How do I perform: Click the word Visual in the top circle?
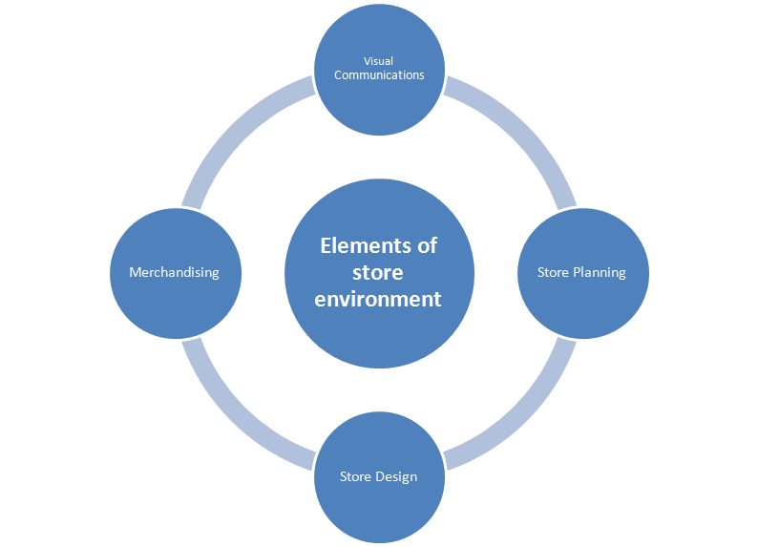(x=379, y=61)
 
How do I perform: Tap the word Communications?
(x=379, y=74)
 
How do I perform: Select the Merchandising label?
(x=174, y=273)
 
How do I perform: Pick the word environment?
(x=379, y=299)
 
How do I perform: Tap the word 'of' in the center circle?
(x=426, y=245)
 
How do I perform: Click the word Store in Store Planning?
(x=553, y=273)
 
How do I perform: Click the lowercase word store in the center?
(x=379, y=272)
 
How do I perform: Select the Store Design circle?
(x=379, y=506)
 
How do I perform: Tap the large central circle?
(x=379, y=334)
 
